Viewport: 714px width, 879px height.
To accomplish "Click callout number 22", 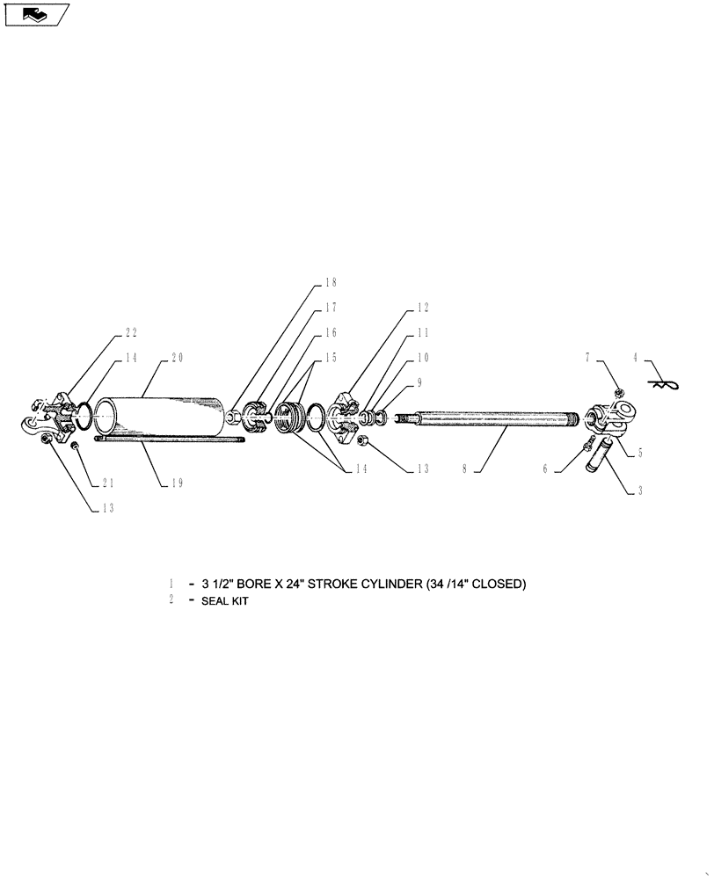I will (131, 332).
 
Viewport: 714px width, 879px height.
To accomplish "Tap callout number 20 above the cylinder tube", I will (177, 358).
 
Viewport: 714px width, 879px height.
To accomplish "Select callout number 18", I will (331, 283).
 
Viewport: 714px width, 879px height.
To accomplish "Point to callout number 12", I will (422, 308).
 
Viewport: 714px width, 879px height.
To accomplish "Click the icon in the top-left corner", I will (37, 14).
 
